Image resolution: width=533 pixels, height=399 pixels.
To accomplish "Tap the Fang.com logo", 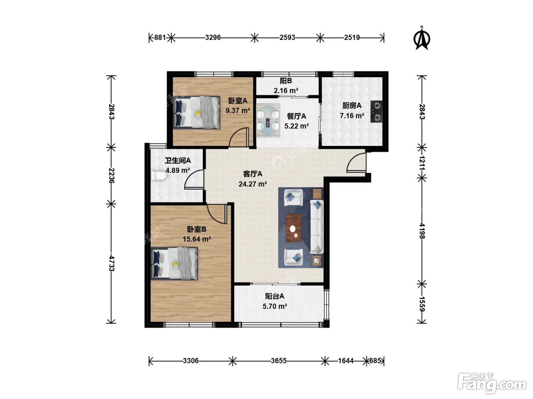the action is pyautogui.click(x=492, y=383).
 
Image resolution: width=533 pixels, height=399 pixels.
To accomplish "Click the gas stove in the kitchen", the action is pyautogui.click(x=376, y=111).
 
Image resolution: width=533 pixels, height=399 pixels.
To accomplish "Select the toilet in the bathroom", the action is pyautogui.click(x=158, y=176).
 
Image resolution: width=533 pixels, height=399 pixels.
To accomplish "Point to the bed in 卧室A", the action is pyautogui.click(x=197, y=112).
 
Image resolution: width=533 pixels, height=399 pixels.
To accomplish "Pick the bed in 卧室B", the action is pyautogui.click(x=174, y=264).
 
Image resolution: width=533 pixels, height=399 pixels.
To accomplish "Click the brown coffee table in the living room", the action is pyautogui.click(x=293, y=228).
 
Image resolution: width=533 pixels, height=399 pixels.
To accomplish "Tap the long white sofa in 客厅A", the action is pyautogui.click(x=317, y=227).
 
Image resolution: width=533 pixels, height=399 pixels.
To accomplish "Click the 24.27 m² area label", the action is pyautogui.click(x=253, y=184).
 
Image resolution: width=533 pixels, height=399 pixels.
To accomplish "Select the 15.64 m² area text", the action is pyautogui.click(x=197, y=239).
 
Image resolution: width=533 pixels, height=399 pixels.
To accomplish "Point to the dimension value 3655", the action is pyautogui.click(x=279, y=361).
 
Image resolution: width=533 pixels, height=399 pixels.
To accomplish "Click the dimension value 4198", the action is pyautogui.click(x=422, y=231).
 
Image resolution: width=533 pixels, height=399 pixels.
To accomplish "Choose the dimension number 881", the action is pyautogui.click(x=160, y=38).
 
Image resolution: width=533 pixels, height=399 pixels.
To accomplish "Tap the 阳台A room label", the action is pyautogui.click(x=274, y=296).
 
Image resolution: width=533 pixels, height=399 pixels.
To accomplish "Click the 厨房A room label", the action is pyautogui.click(x=352, y=106).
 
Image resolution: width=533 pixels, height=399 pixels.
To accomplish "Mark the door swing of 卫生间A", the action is pyautogui.click(x=194, y=179).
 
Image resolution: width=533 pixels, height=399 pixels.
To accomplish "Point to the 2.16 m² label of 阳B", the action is pyautogui.click(x=286, y=90).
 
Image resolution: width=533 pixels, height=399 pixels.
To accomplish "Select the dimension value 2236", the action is pyautogui.click(x=112, y=176).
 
